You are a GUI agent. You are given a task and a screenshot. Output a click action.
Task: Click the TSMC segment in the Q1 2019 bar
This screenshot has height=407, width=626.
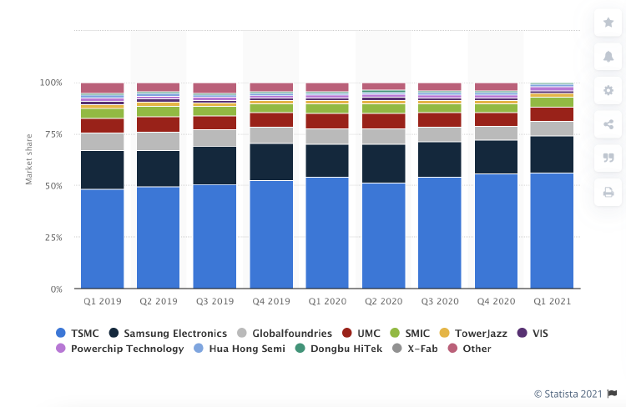102,239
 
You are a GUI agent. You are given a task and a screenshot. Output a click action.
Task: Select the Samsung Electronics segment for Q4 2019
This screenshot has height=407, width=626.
271,162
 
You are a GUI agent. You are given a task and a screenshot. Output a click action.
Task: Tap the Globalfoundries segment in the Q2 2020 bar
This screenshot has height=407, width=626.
384,137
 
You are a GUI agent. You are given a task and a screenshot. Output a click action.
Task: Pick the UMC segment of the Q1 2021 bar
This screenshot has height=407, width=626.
552,114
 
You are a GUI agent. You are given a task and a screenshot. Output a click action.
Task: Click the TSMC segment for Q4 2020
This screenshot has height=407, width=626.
496,231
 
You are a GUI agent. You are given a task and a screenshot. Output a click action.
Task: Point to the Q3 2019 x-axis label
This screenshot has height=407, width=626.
215,301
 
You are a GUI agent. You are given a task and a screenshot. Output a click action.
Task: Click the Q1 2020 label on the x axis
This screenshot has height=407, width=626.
327,301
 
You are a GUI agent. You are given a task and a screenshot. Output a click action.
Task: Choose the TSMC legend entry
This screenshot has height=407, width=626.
78,333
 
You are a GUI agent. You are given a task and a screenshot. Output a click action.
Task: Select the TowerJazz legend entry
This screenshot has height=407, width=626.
472,333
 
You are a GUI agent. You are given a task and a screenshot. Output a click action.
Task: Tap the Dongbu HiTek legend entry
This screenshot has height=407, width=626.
339,349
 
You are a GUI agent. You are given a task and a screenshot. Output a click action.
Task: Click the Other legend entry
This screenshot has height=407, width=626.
469,349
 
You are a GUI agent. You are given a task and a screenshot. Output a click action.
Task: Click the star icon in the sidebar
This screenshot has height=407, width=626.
608,23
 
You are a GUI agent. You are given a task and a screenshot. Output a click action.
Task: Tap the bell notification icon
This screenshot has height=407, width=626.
608,57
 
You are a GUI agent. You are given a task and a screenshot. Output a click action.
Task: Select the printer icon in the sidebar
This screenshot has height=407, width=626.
608,192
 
